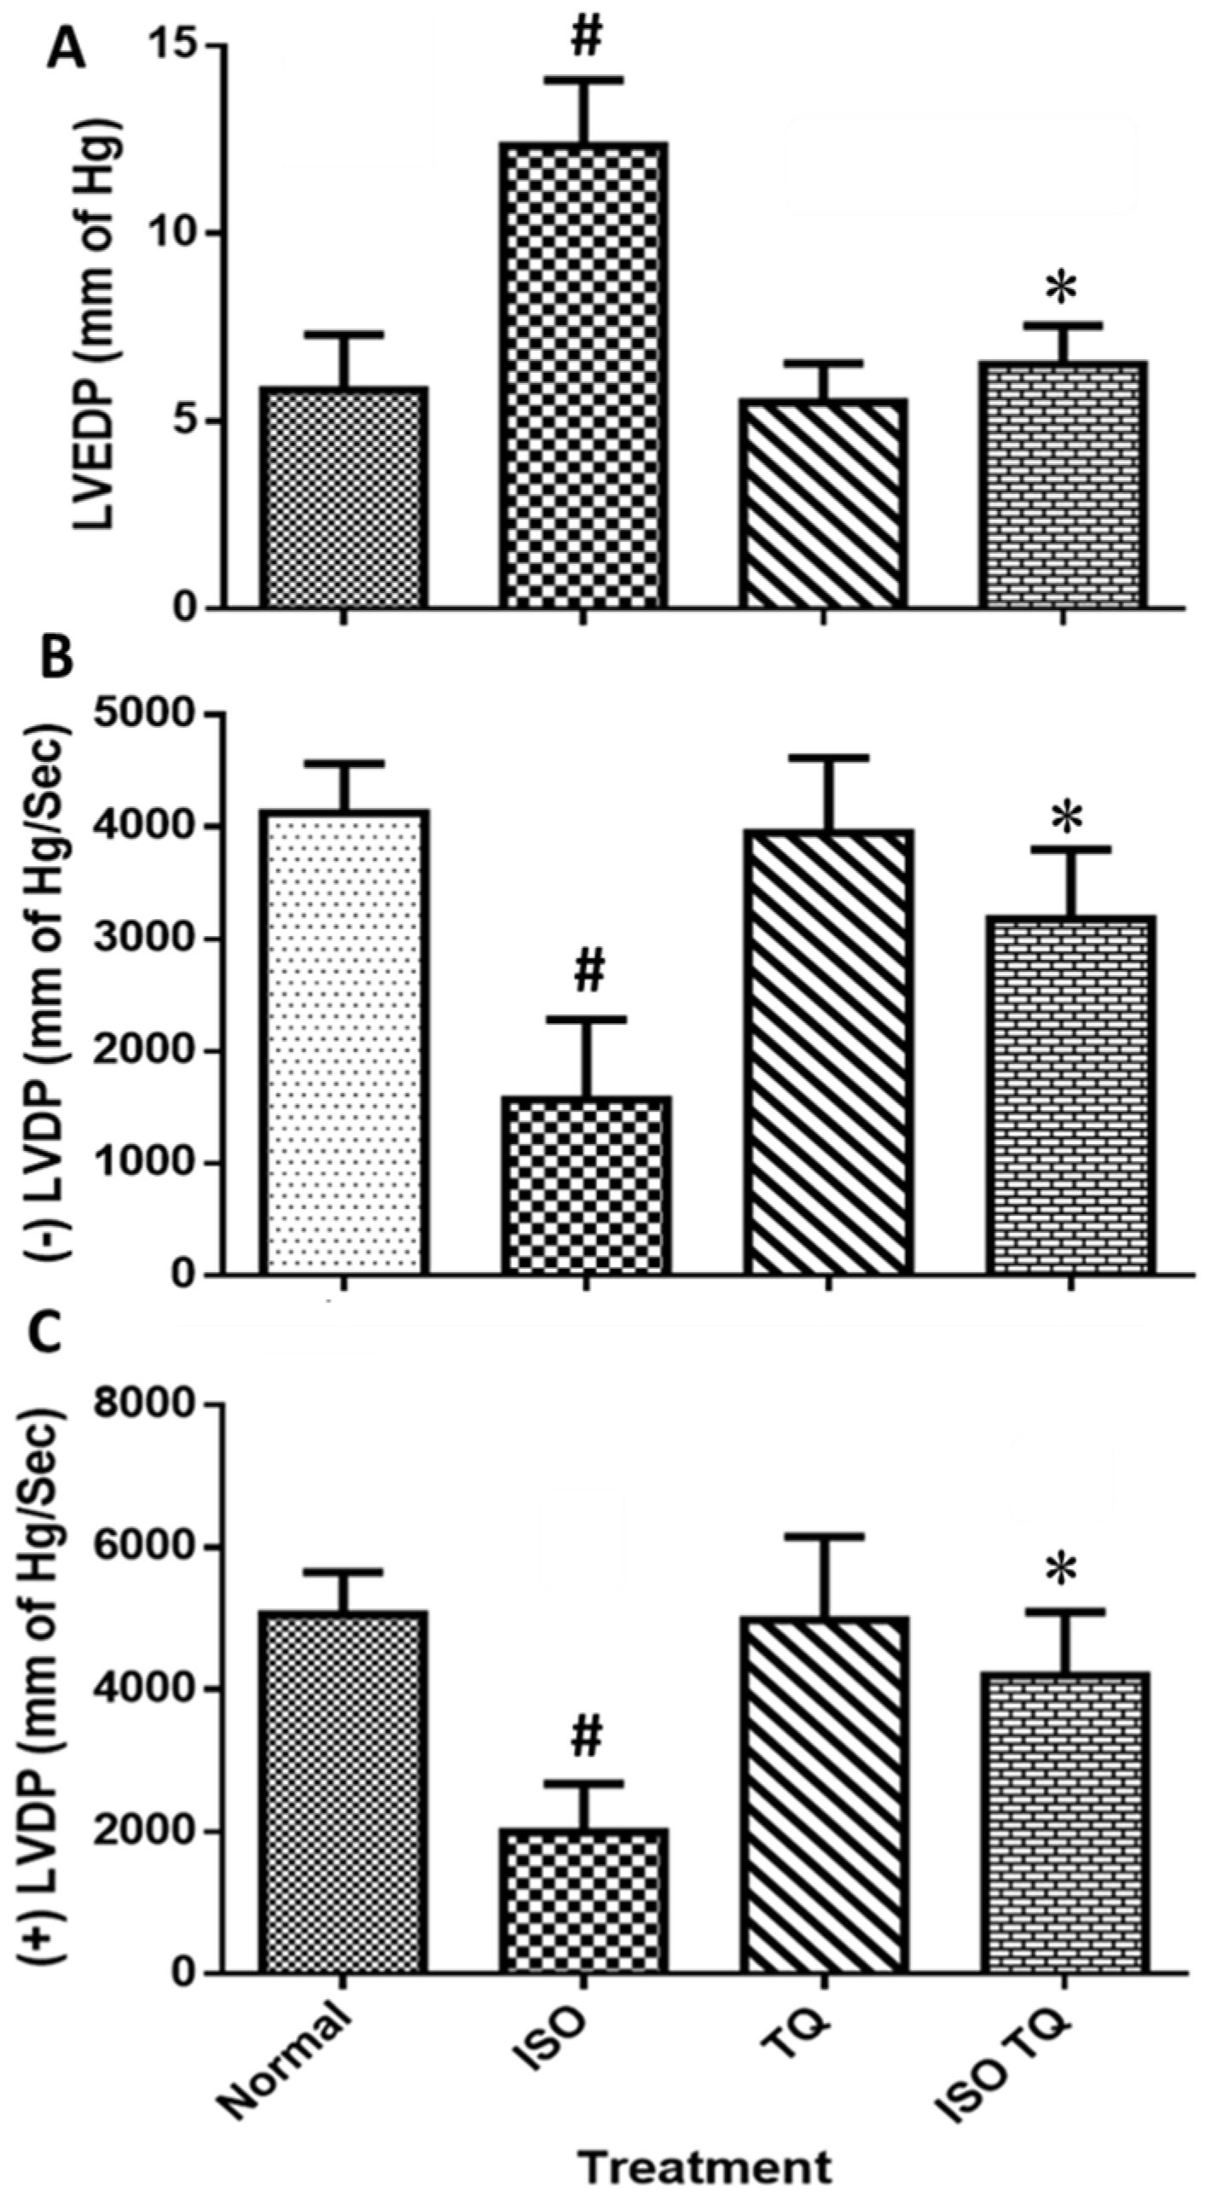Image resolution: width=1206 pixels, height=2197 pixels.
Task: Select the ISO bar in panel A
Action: tap(584, 375)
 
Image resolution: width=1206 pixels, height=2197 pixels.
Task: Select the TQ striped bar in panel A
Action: tap(824, 503)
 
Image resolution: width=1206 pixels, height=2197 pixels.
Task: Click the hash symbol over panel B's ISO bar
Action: tap(589, 973)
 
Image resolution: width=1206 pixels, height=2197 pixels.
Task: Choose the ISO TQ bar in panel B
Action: tap(1071, 1096)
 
